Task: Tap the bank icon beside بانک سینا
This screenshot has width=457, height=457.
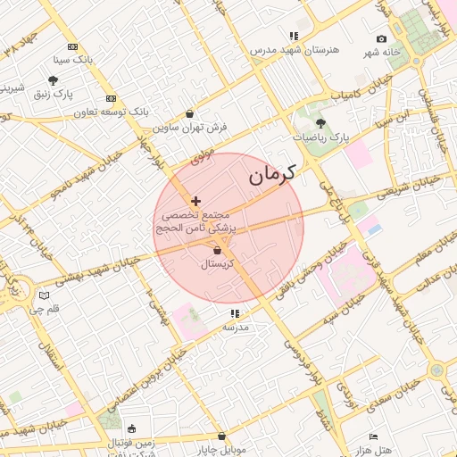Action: pos(72,46)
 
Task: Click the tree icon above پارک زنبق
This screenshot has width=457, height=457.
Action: pos(54,79)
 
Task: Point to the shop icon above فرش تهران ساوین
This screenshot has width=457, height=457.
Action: pos(190,113)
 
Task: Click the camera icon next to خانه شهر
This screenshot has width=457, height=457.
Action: pos(382,38)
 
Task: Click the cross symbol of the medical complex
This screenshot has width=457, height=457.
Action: pos(195,201)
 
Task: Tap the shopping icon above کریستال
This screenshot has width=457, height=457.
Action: pos(217,251)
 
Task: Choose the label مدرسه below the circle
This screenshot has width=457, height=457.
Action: pos(235,328)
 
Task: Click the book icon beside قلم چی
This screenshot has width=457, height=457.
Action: pos(45,295)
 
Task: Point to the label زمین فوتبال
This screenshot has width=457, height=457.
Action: pos(131,443)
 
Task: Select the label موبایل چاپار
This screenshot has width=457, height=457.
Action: pos(220,449)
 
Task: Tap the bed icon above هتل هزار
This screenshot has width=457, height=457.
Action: pos(373,436)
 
